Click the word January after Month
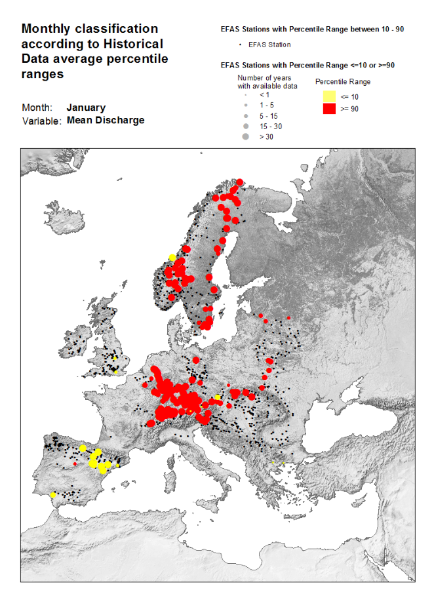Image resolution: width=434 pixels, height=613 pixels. coord(86,108)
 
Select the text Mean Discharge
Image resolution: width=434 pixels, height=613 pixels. coord(106,121)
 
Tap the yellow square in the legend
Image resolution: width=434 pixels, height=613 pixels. coord(329,96)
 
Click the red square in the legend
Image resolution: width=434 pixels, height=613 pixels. coord(329,109)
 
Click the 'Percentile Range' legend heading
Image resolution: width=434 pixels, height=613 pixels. coord(343,82)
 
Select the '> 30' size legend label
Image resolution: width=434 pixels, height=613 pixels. coord(266,137)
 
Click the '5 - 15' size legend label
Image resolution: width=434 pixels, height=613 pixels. coord(268,115)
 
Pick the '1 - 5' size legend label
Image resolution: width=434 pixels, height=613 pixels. coord(266,105)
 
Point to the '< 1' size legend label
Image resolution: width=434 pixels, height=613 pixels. coord(264,94)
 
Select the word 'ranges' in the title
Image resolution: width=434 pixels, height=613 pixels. coord(42,74)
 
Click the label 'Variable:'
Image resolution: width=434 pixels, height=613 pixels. coord(42,121)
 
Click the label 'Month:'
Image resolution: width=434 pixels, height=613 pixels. coord(37,108)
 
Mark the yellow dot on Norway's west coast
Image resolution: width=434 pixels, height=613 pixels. coord(172,257)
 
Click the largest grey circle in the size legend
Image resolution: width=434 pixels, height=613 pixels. coord(245,137)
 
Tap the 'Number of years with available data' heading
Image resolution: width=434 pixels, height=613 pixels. coord(267,82)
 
